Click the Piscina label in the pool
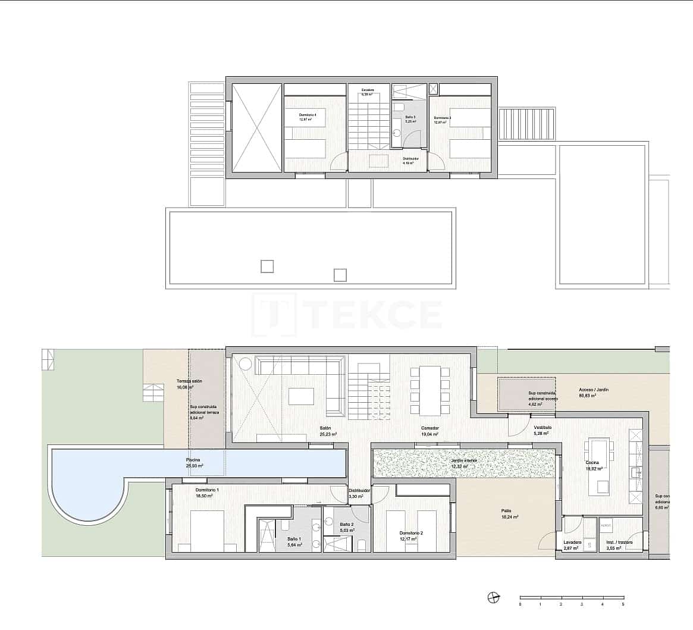pos(193,460)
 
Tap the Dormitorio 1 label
pos(207,490)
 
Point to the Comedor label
pos(430,428)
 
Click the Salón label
pos(325,428)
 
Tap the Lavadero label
pos(572,543)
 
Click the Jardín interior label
pos(464,460)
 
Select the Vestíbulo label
pos(542,428)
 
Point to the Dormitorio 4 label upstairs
pos(308,115)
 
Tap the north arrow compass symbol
pos(493,598)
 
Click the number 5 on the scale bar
pos(623,604)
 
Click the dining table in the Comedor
pos(429,390)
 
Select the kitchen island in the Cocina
pos(598,466)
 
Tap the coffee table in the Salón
pos(301,396)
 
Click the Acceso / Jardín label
pos(594,390)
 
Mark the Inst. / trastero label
pos(619,543)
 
